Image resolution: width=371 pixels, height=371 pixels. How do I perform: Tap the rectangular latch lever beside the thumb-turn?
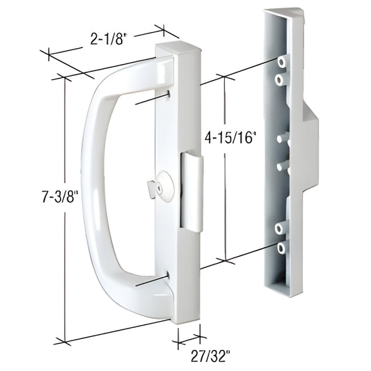[x=191, y=191]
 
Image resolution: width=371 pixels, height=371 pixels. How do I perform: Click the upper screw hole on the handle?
[x=170, y=94]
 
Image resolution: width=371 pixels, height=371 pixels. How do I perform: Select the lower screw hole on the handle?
[x=169, y=277]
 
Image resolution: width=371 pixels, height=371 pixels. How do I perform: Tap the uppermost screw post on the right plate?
[x=281, y=63]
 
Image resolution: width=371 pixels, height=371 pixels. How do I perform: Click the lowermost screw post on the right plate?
[x=281, y=247]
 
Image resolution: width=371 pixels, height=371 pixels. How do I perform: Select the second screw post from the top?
[x=280, y=81]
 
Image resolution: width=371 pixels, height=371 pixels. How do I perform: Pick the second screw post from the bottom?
[x=281, y=227]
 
